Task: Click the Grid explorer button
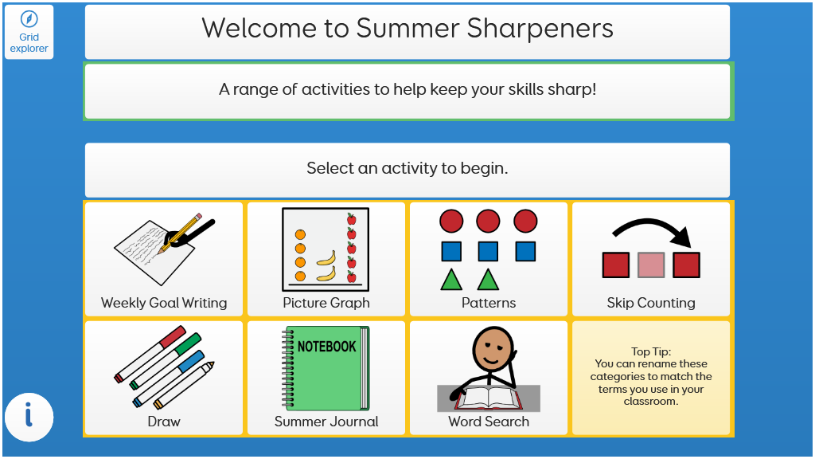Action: click(29, 32)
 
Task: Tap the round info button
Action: click(29, 418)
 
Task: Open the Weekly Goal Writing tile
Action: click(164, 259)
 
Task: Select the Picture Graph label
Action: click(326, 303)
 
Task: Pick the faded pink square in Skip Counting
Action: click(651, 265)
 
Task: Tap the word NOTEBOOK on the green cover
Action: click(326, 346)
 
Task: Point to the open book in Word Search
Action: click(488, 398)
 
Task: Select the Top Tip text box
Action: click(651, 378)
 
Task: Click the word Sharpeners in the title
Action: click(540, 28)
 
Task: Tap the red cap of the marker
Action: click(173, 337)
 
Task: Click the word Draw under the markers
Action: click(164, 422)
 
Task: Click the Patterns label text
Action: click(489, 303)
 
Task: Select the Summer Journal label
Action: click(326, 422)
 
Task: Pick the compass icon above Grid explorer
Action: click(29, 19)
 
